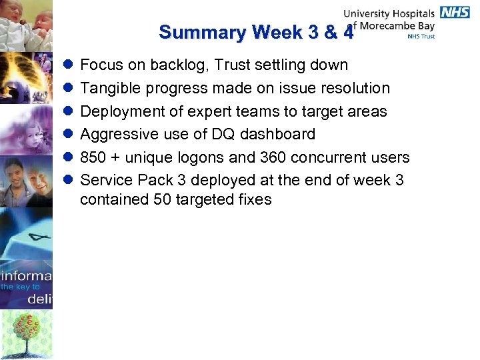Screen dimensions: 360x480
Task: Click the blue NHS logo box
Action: click(x=454, y=13)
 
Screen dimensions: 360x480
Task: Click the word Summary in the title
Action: click(x=202, y=32)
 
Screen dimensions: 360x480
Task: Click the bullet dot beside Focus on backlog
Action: click(x=67, y=65)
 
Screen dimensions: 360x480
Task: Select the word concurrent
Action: click(x=318, y=157)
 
